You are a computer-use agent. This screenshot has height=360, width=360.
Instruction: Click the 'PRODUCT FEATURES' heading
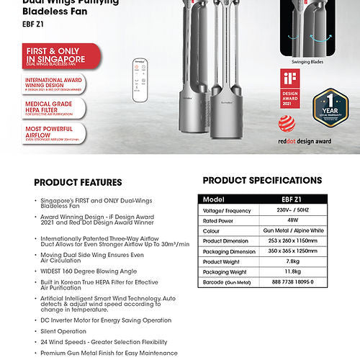tap(78, 182)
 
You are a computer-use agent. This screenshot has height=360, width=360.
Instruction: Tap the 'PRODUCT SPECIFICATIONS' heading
tap(262, 180)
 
